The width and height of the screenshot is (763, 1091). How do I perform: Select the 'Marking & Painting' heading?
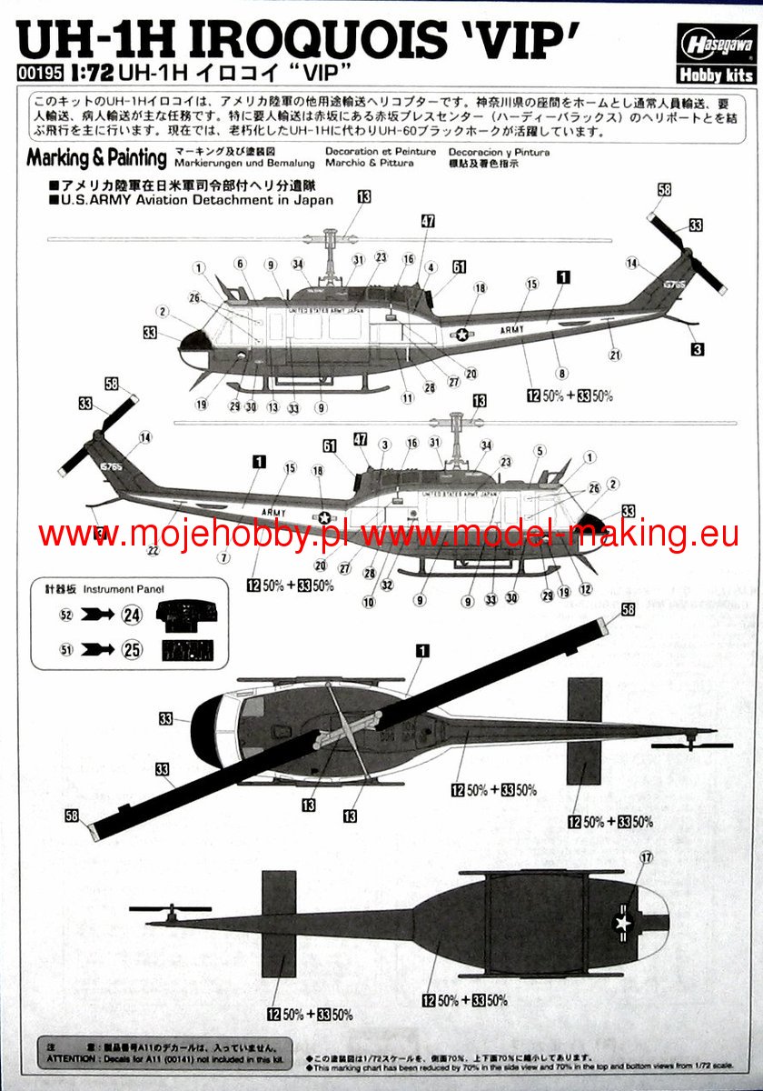tap(96, 157)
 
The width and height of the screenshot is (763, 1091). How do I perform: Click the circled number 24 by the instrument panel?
tap(133, 615)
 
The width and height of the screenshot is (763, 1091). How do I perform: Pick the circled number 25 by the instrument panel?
tap(133, 649)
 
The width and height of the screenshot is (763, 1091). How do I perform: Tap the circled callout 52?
tap(65, 615)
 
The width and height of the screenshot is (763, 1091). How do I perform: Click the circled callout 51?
tap(65, 649)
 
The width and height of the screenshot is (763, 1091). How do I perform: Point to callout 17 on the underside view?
tap(646, 857)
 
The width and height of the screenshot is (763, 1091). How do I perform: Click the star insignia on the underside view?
tap(624, 923)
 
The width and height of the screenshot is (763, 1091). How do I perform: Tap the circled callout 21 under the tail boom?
tap(614, 355)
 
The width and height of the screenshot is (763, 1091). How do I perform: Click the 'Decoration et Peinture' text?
tap(380, 152)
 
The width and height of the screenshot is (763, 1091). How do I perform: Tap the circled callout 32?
tap(388, 586)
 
